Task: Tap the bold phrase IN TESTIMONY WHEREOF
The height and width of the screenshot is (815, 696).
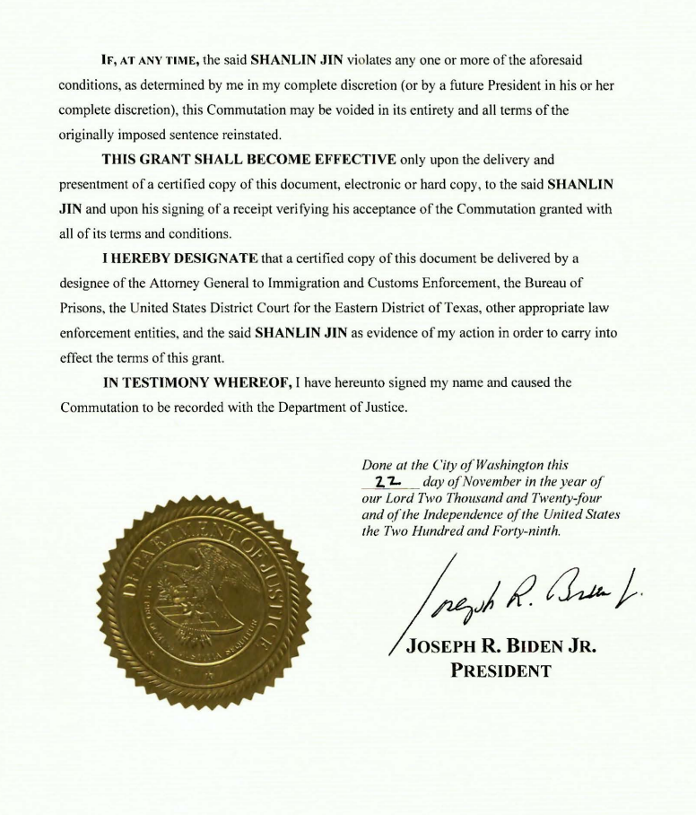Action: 194,381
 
